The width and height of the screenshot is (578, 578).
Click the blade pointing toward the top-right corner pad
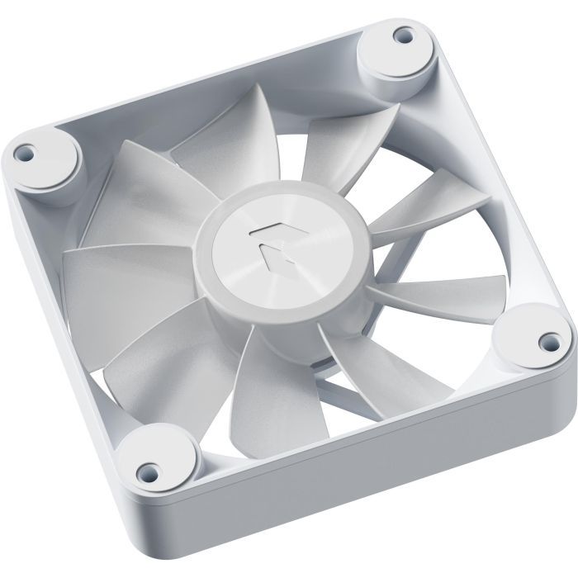[x=347, y=149]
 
